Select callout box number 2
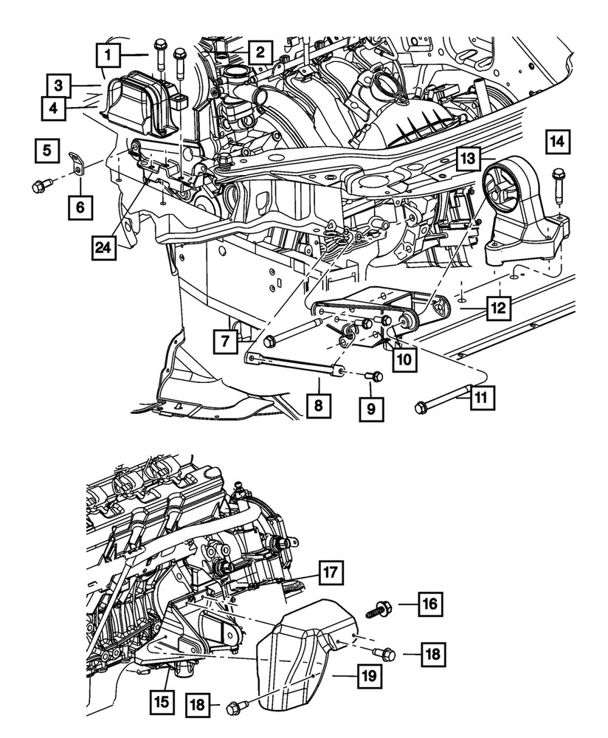[259, 52]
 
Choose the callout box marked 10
[46, 152]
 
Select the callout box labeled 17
[330, 573]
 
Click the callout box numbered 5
[46, 152]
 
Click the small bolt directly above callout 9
[376, 376]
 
